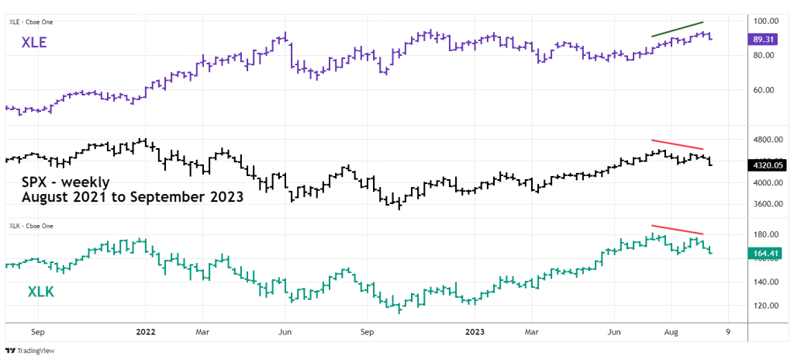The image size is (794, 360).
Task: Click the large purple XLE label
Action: click(36, 45)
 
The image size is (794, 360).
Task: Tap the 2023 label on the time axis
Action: click(475, 330)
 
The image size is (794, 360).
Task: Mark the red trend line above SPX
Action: click(677, 144)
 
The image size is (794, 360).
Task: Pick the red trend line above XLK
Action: click(677, 230)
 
